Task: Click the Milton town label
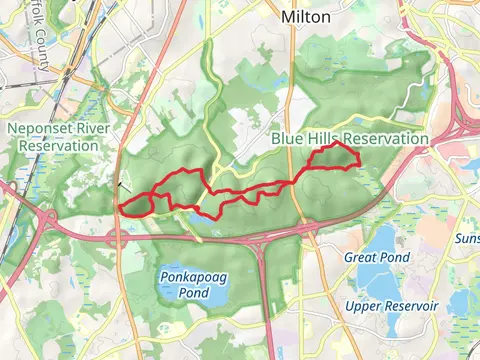[x=306, y=17]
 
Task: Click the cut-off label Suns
[x=467, y=239]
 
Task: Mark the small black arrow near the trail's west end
[x=122, y=184]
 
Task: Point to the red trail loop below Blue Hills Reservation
[x=333, y=157]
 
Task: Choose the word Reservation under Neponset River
[x=56, y=145]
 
